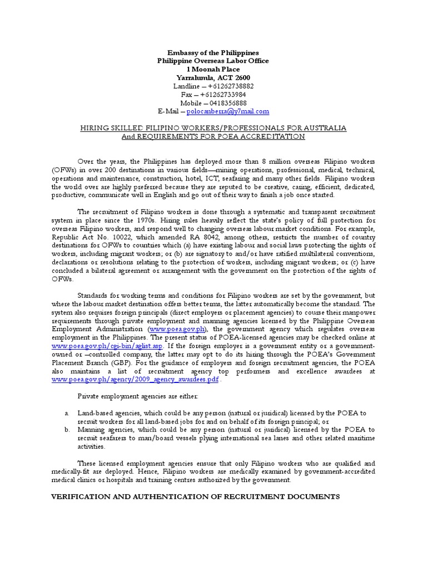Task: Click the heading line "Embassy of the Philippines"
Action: (213, 52)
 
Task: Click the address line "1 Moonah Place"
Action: (213, 69)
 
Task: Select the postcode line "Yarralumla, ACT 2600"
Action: (213, 77)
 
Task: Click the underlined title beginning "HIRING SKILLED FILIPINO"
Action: (213, 128)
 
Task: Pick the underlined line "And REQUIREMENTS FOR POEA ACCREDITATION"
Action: (213, 136)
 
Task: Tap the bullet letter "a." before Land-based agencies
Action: (67, 413)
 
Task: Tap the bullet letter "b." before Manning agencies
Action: (67, 430)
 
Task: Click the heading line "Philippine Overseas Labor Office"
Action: (213, 61)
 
